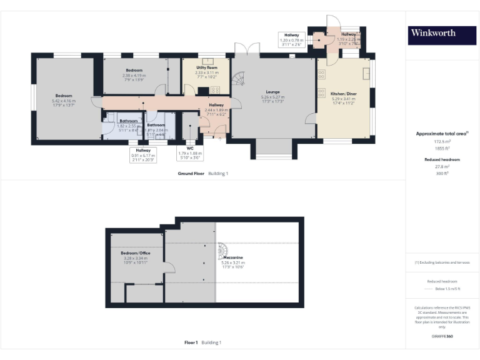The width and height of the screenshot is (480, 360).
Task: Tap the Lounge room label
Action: [272, 91]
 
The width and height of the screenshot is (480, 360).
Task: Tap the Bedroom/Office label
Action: [136, 252]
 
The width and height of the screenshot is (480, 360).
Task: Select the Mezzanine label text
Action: [235, 257]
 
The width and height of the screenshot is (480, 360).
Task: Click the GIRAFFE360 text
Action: [442, 337]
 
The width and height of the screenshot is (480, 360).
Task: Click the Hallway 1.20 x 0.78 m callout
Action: [291, 40]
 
